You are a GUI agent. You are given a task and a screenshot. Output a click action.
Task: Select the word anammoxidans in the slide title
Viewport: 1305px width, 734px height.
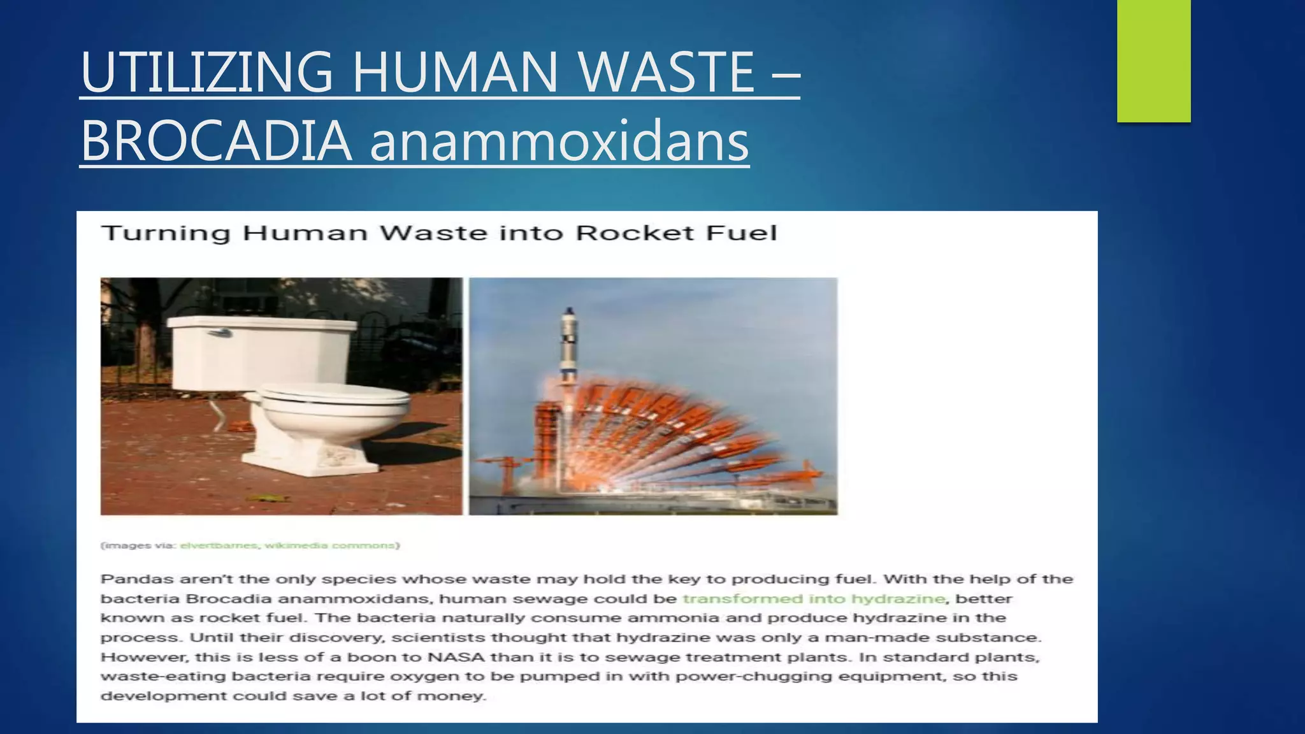[559, 141]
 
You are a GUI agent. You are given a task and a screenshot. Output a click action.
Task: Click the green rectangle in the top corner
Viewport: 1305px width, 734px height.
[1153, 61]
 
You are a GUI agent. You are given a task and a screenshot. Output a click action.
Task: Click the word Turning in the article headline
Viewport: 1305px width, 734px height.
[166, 233]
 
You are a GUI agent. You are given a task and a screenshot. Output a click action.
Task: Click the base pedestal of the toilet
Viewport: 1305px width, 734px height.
[306, 456]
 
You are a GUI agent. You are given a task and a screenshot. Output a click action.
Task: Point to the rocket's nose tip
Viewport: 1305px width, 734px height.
[569, 310]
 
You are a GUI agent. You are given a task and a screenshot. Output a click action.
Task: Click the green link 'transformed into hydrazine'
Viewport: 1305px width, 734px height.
[814, 599]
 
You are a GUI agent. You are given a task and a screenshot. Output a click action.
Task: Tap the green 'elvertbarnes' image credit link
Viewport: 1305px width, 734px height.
[219, 545]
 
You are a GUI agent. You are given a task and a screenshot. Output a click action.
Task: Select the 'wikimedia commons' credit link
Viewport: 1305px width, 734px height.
[330, 545]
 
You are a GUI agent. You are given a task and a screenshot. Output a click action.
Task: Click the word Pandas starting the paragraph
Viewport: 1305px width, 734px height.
[136, 579]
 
